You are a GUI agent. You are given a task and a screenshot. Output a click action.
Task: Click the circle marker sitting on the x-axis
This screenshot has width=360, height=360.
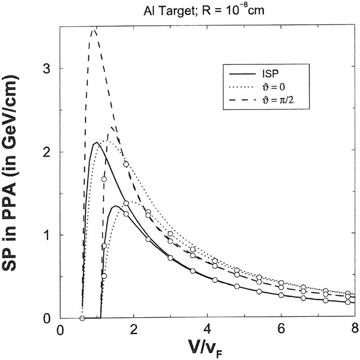coord(82,318)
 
